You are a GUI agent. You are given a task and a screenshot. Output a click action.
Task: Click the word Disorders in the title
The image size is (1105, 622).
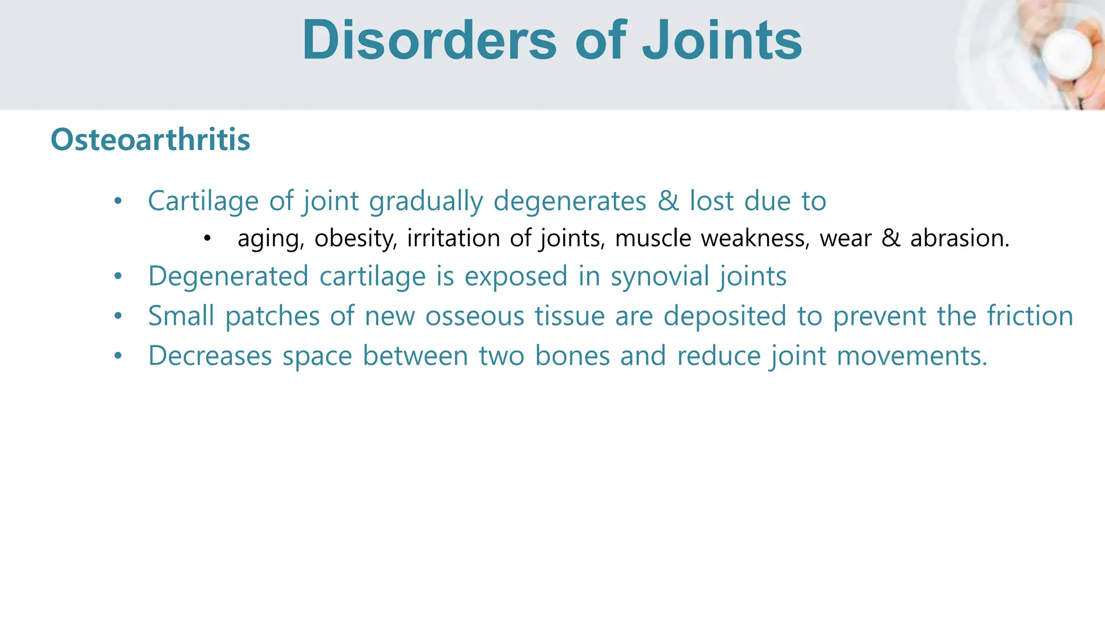(x=429, y=40)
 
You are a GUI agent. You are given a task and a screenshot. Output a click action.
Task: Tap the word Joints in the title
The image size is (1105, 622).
(x=722, y=40)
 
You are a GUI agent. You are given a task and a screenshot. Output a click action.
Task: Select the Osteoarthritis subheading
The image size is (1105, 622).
(x=151, y=139)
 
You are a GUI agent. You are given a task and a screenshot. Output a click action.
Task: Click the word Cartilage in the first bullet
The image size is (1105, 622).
(x=203, y=201)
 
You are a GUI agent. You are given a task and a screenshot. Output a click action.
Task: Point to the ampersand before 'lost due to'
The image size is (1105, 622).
(x=668, y=201)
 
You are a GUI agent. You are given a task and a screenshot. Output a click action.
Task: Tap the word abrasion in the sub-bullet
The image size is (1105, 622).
(x=959, y=238)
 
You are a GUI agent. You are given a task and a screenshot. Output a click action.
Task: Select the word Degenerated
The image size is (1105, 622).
(x=228, y=276)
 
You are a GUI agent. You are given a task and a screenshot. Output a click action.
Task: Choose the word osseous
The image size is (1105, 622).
(x=474, y=316)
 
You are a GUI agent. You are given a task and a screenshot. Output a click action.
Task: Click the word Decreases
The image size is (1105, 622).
(x=210, y=356)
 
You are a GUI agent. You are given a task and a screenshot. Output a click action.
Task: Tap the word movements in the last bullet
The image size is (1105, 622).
(x=912, y=356)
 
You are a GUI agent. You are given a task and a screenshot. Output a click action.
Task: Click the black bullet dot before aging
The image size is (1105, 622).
(x=207, y=238)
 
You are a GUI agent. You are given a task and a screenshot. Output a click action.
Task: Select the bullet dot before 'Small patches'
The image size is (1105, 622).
(x=118, y=316)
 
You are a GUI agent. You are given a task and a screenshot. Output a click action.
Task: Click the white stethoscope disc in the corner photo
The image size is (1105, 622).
(x=1066, y=54)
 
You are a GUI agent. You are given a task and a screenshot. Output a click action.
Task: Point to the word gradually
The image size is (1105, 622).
(x=426, y=201)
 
